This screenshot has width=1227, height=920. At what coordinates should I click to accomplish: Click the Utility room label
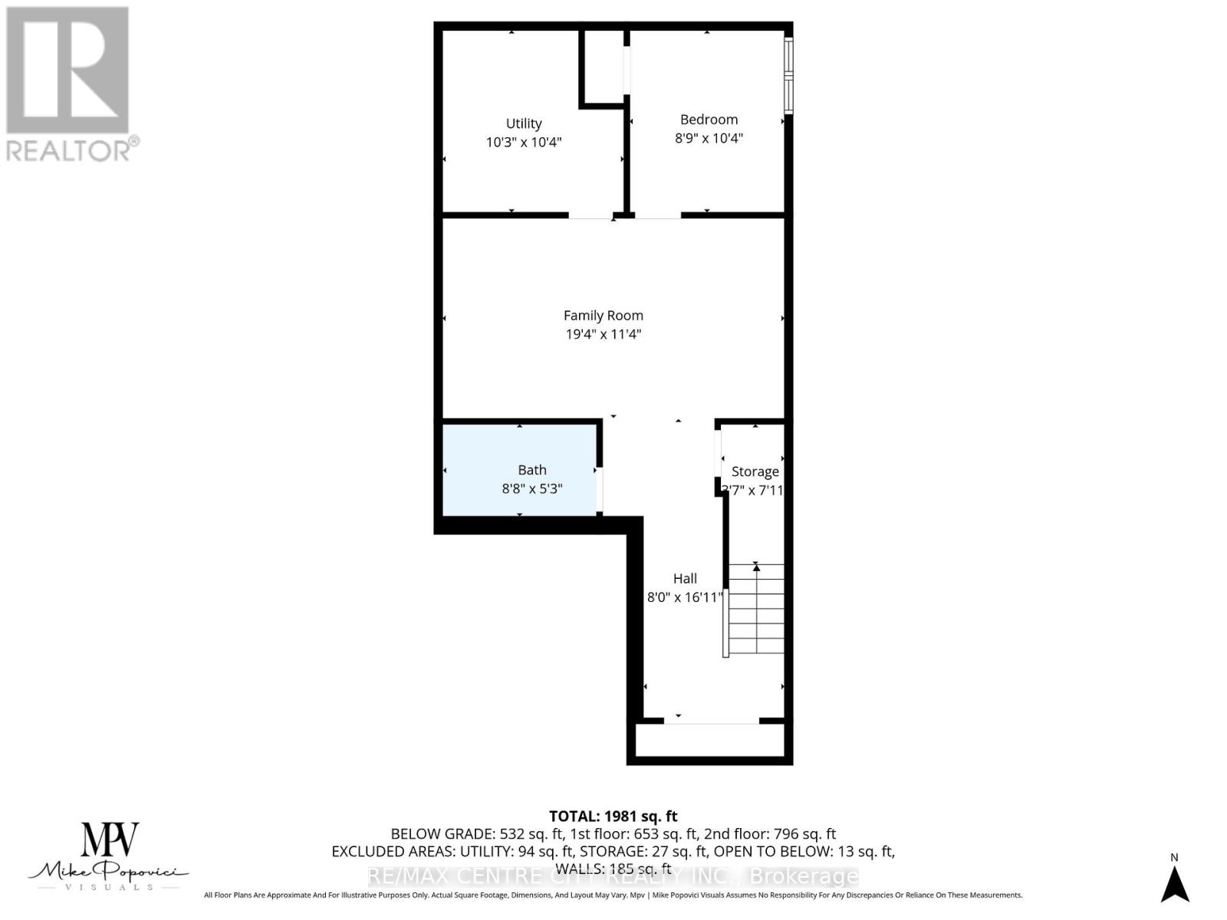click(x=524, y=123)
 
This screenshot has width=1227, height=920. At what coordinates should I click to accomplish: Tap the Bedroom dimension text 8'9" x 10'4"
click(x=709, y=139)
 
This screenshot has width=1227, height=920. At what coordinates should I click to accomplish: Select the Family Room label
click(x=604, y=315)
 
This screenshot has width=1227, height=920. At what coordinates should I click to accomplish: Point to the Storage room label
click(x=755, y=472)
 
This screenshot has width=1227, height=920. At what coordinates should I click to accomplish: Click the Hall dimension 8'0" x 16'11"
click(x=685, y=597)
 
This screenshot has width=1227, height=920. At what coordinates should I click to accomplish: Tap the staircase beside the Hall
click(x=756, y=609)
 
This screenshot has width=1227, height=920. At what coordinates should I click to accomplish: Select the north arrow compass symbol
click(x=1174, y=883)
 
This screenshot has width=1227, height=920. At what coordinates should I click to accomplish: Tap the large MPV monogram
click(x=110, y=840)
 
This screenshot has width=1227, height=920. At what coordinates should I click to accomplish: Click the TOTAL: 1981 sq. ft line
click(x=613, y=816)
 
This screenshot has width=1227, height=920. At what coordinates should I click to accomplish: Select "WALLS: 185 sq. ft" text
click(x=613, y=869)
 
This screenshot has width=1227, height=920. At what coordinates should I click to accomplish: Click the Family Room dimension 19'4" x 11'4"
click(x=604, y=334)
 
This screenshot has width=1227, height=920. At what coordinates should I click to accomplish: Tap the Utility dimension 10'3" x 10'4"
click(x=524, y=143)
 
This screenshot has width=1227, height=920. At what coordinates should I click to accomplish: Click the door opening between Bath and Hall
click(x=600, y=490)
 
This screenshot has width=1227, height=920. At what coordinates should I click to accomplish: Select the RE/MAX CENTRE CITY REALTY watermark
click(x=613, y=876)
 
